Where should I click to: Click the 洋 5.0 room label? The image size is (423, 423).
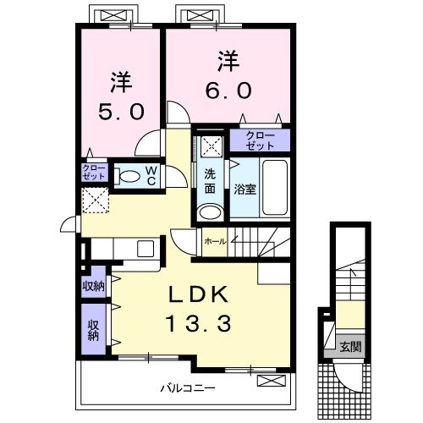coord(121,96)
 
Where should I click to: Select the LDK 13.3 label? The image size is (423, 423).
coord(199,309)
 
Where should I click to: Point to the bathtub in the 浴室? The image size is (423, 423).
coord(275,188)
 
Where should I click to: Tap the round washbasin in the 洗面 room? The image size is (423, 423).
coord(210,212)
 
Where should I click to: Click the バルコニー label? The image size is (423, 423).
coord(188,388)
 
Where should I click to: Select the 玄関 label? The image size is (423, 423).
coord(350,347)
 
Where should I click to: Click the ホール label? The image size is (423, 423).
coord(215,241)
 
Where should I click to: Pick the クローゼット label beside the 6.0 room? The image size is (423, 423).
coord(260,140)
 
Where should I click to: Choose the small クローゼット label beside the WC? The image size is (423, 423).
coord(94,173)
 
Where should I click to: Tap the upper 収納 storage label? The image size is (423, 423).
coord(93,286)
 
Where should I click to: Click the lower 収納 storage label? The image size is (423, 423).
coord(93,330)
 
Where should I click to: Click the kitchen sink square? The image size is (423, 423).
coord(146,249)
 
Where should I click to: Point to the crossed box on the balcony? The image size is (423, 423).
coord(272,381)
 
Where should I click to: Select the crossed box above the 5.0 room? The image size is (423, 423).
coord(114,15)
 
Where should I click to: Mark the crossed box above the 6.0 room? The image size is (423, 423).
coord(201,15)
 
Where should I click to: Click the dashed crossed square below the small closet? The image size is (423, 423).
coord(96,201)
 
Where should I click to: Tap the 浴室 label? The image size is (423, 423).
coord(245,190)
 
